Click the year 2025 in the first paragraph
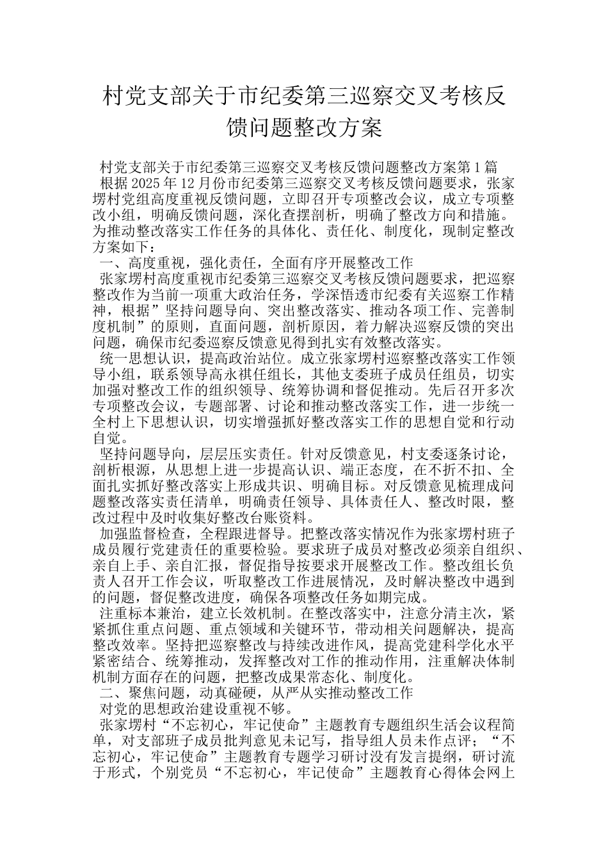[147, 183]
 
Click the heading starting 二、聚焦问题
[256, 692]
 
